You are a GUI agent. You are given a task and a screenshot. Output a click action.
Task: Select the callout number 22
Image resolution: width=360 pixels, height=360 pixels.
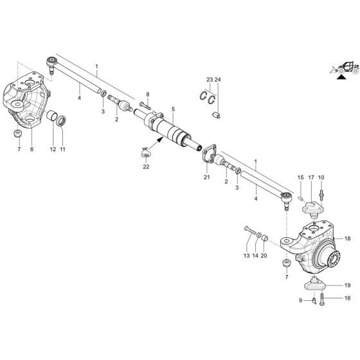click(146, 167)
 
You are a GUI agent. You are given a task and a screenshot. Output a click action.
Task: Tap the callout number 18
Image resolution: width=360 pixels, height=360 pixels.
click(347, 239)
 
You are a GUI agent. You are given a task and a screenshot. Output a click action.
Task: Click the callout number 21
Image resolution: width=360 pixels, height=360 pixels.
click(206, 177)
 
